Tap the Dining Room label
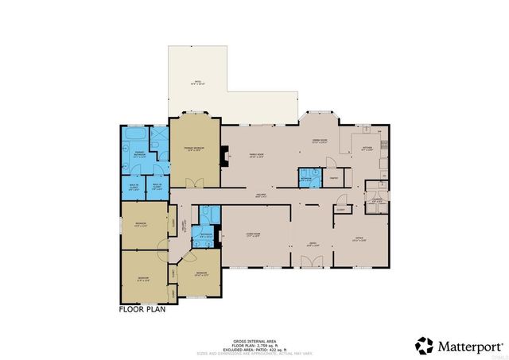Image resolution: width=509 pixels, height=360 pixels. (320, 142)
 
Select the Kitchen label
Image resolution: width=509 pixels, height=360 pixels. (367, 148)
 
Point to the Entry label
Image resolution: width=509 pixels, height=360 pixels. (313, 245)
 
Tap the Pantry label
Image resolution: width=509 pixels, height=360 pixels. (335, 178)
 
